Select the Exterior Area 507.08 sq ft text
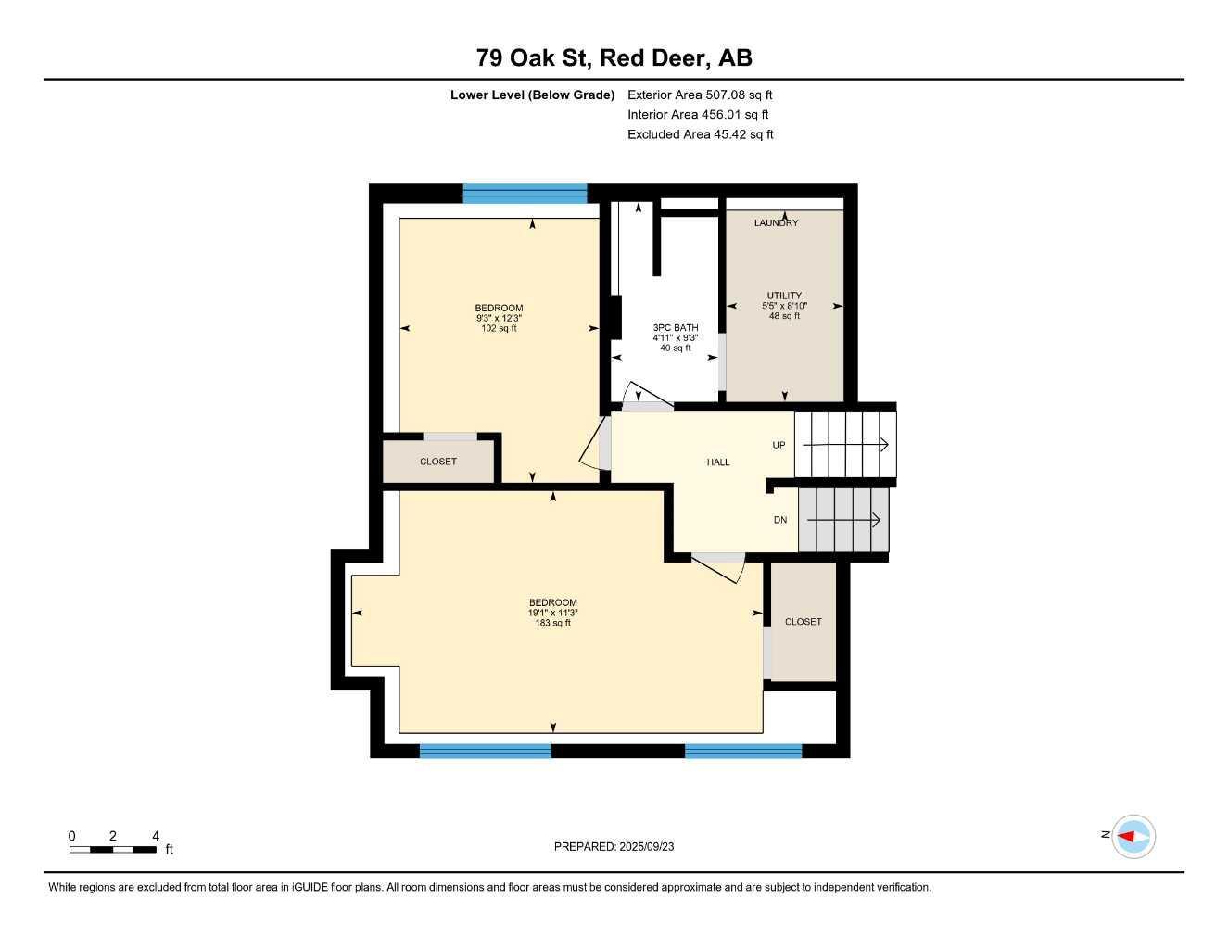pyautogui.click(x=700, y=95)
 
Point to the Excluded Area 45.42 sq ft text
pyautogui.click(x=700, y=134)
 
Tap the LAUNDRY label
pyautogui.click(x=776, y=223)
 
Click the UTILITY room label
pyautogui.click(x=784, y=296)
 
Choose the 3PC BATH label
pyautogui.click(x=676, y=328)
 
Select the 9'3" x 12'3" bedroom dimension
pyautogui.click(x=499, y=318)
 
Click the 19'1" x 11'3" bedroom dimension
pyautogui.click(x=553, y=613)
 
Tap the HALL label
pyautogui.click(x=718, y=462)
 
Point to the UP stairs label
pyautogui.click(x=779, y=446)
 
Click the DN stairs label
pyautogui.click(x=780, y=520)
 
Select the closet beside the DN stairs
pyautogui.click(x=803, y=622)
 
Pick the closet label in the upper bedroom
pyautogui.click(x=438, y=462)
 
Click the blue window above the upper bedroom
pyautogui.click(x=525, y=194)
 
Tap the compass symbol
pyautogui.click(x=1133, y=837)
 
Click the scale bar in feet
pyautogui.click(x=113, y=849)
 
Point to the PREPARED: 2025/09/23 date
pyautogui.click(x=614, y=846)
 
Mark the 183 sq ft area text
pyautogui.click(x=553, y=623)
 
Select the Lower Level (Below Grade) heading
pyautogui.click(x=532, y=95)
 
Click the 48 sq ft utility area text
pyautogui.click(x=784, y=316)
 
